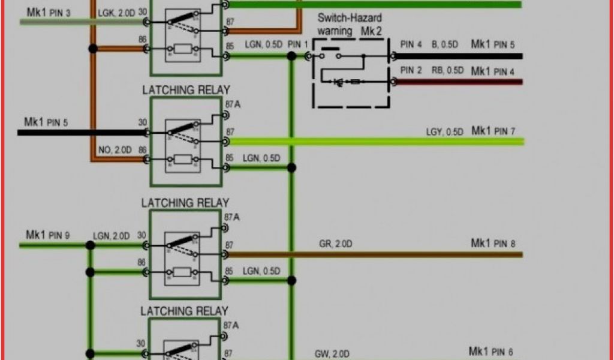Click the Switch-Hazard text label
(350, 19)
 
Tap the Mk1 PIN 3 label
(49, 12)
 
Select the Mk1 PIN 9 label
(48, 235)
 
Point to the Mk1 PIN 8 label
(493, 244)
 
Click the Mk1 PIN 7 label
(493, 131)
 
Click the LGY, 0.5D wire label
(444, 131)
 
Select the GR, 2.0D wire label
(336, 244)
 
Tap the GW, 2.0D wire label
(333, 354)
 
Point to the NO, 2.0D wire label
(114, 149)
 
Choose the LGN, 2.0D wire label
(111, 236)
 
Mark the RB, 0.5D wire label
(447, 70)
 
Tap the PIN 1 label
(298, 44)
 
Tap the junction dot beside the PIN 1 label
(292, 56)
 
